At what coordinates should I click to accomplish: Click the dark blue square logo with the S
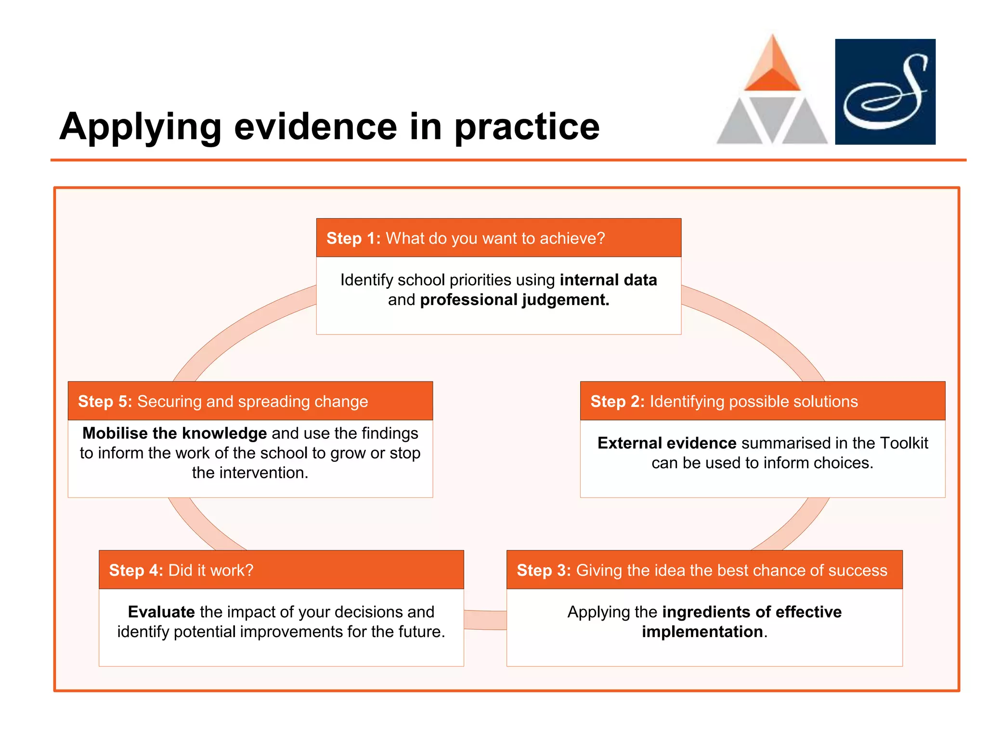pos(885,92)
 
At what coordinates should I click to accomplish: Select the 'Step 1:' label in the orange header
pos(353,238)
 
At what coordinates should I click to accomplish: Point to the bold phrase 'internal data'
pos(608,280)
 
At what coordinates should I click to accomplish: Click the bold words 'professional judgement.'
pos(515,300)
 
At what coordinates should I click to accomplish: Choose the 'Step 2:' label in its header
pos(617,401)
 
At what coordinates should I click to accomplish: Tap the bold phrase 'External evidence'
pos(667,443)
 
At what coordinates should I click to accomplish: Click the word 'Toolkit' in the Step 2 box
pos(903,443)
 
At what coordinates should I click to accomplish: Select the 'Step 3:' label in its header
pos(544,570)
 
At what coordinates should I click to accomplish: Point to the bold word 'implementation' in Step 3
pos(702,632)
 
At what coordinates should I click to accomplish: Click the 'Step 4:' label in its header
pos(136,570)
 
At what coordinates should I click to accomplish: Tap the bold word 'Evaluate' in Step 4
pos(161,612)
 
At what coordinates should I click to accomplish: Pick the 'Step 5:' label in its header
pos(105,401)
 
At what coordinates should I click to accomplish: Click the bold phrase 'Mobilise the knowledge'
pos(174,433)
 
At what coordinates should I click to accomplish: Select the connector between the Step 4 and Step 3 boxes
pos(485,620)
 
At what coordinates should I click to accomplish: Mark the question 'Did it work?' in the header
pos(211,570)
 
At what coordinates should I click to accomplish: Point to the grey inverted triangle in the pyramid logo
pos(772,115)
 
